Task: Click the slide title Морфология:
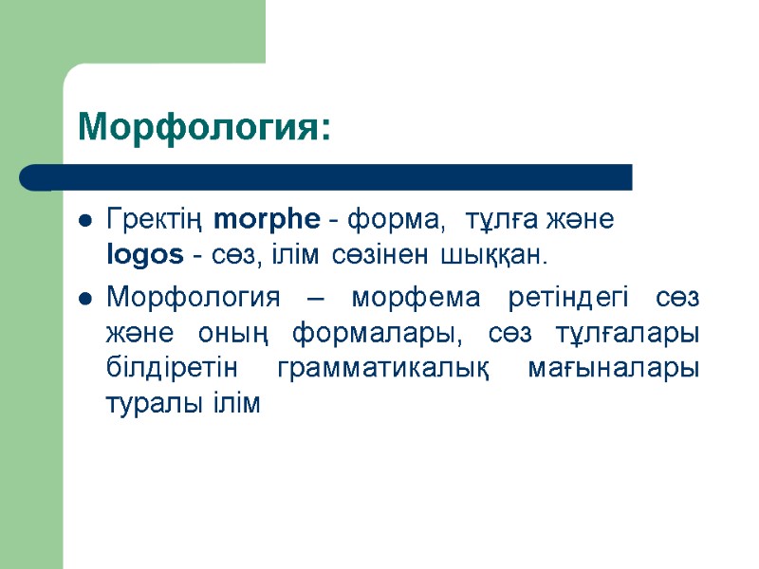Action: click(205, 127)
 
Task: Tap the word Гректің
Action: click(155, 221)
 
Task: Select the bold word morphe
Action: click(268, 221)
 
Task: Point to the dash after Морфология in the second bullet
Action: click(315, 299)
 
